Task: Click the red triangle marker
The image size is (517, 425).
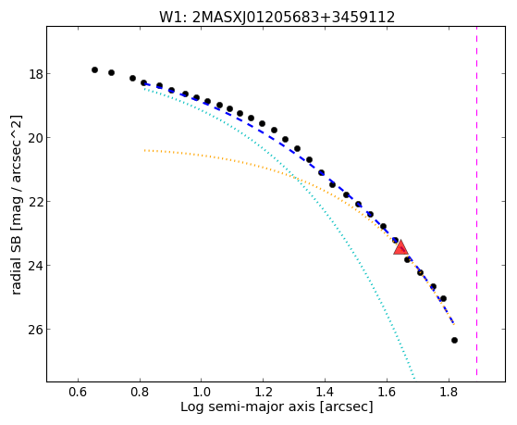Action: click(x=400, y=247)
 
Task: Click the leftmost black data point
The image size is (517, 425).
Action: click(x=94, y=69)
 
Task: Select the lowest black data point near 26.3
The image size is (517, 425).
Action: click(x=454, y=340)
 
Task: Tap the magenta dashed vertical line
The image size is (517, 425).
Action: click(x=477, y=201)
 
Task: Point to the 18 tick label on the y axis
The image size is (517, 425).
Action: click(x=36, y=74)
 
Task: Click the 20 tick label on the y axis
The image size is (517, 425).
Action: click(x=36, y=138)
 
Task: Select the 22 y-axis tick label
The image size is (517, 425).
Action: click(x=36, y=202)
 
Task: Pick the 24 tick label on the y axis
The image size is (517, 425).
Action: click(x=36, y=266)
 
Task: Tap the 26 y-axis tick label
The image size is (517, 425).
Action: click(x=36, y=330)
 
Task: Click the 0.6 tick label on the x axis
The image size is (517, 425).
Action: click(x=78, y=393)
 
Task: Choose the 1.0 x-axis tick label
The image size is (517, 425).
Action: click(x=202, y=393)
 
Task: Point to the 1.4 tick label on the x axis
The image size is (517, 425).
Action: click(x=325, y=393)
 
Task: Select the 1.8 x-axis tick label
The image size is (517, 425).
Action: click(x=448, y=393)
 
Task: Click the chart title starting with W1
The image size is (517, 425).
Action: click(x=277, y=18)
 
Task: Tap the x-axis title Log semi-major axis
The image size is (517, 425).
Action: click(x=277, y=406)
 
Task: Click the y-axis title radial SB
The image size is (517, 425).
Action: click(x=17, y=205)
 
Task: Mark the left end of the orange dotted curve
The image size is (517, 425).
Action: click(x=145, y=150)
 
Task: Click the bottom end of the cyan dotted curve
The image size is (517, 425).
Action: click(x=414, y=378)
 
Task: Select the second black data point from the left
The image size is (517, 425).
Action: click(x=111, y=72)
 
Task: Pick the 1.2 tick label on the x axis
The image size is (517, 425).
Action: click(x=263, y=393)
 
